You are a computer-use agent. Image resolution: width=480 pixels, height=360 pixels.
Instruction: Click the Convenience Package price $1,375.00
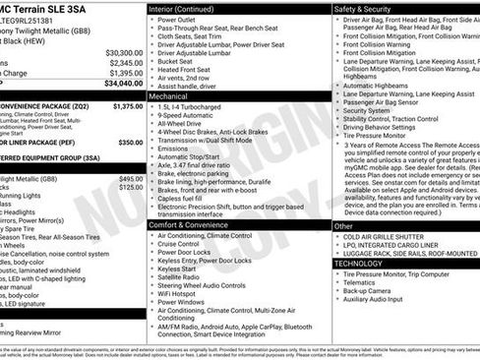point(127,105)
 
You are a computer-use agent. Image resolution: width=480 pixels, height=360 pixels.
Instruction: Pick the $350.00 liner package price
point(130,142)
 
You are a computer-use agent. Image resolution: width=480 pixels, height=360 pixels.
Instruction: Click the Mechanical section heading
point(171,97)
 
